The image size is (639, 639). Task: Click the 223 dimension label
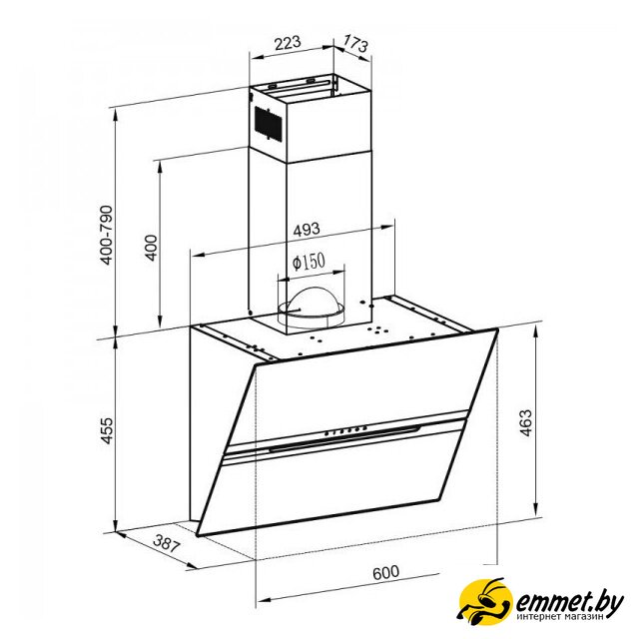click(x=288, y=43)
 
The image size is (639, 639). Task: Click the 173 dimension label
click(x=355, y=43)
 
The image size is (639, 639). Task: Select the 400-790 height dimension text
click(x=107, y=236)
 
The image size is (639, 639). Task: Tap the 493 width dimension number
click(x=307, y=229)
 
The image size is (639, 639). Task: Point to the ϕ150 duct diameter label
click(x=309, y=262)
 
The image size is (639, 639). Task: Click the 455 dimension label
click(x=107, y=430)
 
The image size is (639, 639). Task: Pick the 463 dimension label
click(x=526, y=423)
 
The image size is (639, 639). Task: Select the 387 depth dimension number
click(x=166, y=543)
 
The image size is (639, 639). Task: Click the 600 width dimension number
click(x=385, y=572)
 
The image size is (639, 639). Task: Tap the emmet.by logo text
click(x=570, y=601)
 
